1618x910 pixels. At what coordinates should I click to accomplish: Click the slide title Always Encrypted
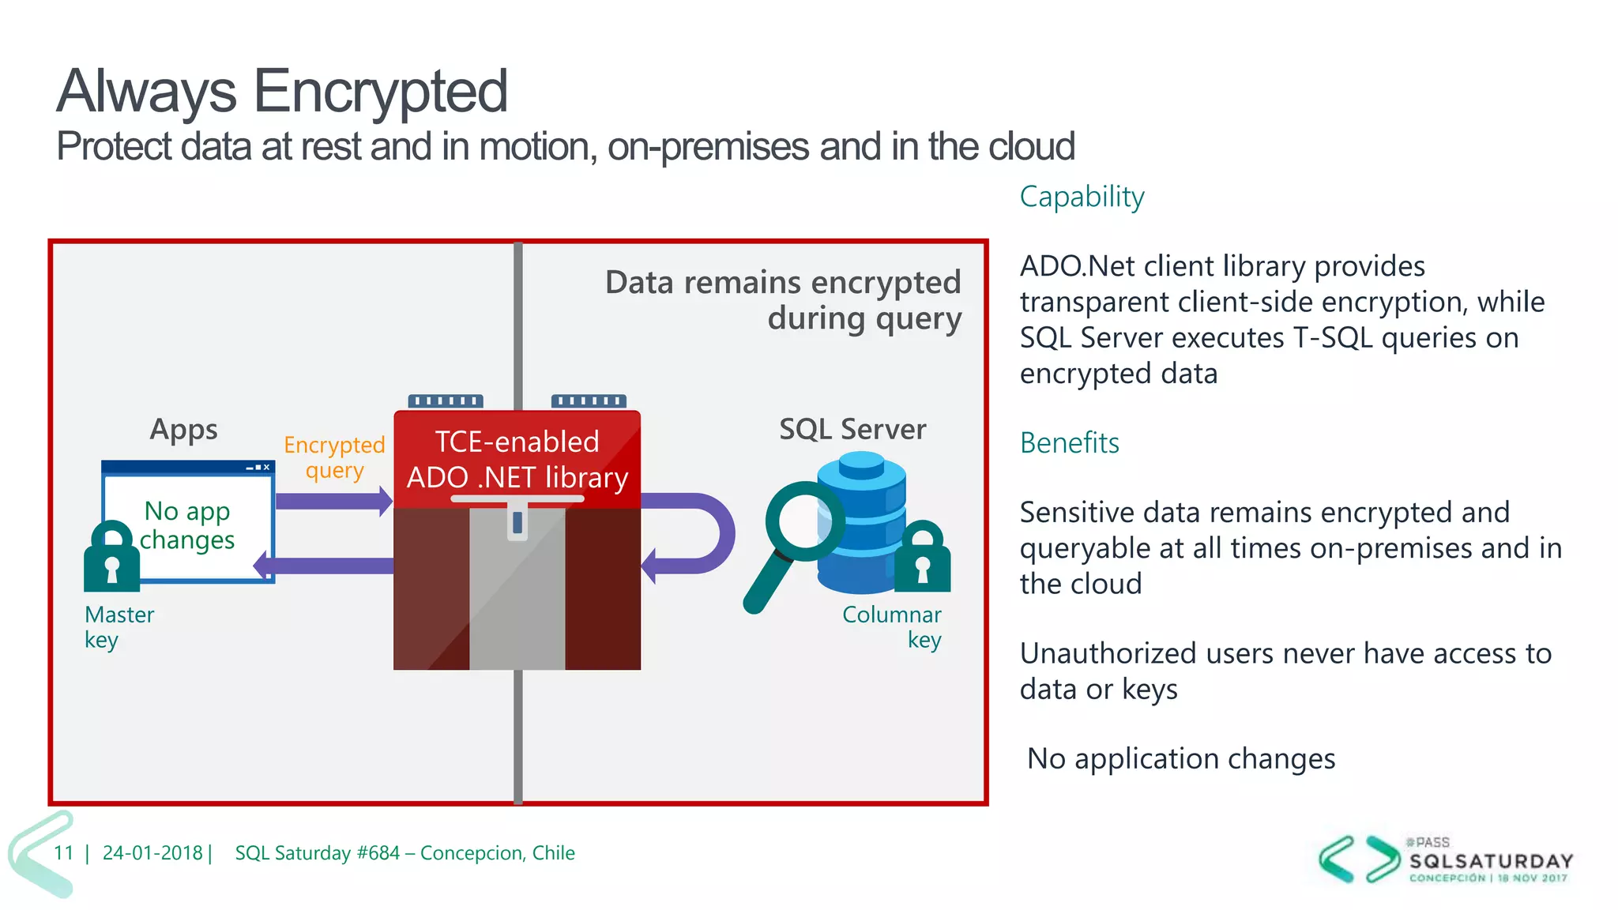point(281,92)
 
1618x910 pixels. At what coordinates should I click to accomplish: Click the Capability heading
point(1081,197)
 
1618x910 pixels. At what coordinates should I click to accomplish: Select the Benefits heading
point(1069,443)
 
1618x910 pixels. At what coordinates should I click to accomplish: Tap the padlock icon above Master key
point(111,558)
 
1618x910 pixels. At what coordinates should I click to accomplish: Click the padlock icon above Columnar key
point(922,558)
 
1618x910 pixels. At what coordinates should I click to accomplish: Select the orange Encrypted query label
point(334,457)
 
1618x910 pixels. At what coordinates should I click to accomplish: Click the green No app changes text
point(188,525)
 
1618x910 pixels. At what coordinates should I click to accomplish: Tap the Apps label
point(183,430)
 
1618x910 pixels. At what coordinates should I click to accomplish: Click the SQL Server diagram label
point(852,430)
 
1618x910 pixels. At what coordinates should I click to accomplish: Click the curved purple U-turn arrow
point(707,533)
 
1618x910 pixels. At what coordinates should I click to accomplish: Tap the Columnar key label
point(893,626)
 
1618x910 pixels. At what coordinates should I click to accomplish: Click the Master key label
point(119,626)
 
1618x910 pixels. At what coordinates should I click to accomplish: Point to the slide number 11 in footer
point(63,853)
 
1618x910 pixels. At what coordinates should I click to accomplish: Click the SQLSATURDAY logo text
point(1491,861)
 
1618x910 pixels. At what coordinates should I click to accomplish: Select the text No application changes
point(1180,759)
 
